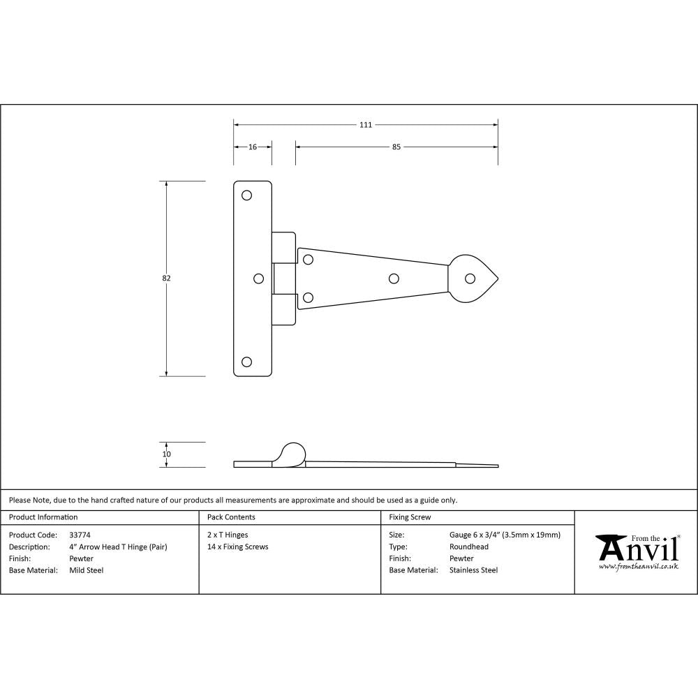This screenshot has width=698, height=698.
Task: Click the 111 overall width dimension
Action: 365,125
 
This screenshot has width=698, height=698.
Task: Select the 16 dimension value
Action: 252,147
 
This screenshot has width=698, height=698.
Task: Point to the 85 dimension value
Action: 396,147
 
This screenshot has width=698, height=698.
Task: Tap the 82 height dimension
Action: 166,278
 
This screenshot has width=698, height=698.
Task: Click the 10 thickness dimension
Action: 166,454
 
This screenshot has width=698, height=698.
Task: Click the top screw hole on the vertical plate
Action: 246,195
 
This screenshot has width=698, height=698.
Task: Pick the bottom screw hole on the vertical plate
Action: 246,362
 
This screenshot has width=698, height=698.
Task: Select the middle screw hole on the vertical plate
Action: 258,279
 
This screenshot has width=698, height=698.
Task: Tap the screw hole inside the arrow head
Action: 470,279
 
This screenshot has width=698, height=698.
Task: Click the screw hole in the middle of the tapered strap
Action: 394,279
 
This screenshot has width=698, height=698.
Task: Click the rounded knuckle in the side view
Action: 292,452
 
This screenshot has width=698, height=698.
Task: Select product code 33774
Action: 80,535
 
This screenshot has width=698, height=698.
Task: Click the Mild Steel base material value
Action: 87,570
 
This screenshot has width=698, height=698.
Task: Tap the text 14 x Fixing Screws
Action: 238,547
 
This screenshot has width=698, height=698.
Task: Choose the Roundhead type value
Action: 469,547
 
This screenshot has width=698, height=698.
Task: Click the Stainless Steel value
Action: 474,570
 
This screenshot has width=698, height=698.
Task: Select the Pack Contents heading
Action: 231,517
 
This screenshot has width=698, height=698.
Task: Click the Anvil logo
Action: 637,552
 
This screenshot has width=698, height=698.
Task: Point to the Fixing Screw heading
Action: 410,517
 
